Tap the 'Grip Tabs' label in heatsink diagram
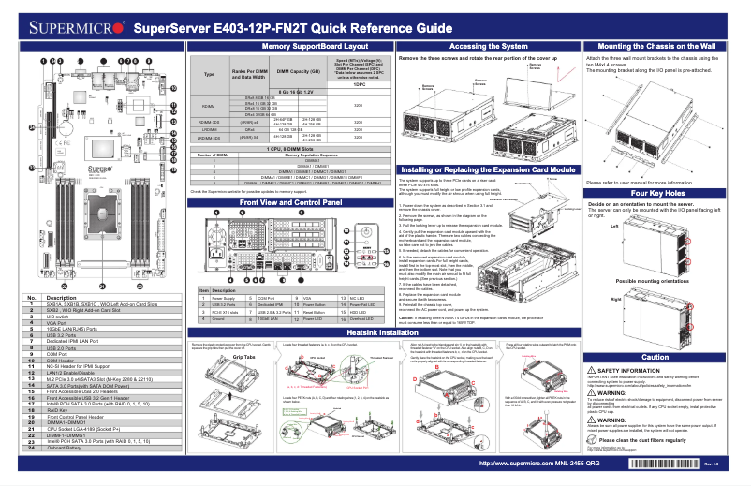(243, 358)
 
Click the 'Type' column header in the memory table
(209, 73)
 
